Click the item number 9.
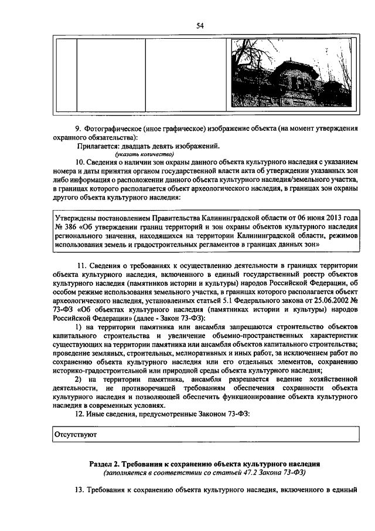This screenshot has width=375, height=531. [77, 128]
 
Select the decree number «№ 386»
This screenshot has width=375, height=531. [64, 226]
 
